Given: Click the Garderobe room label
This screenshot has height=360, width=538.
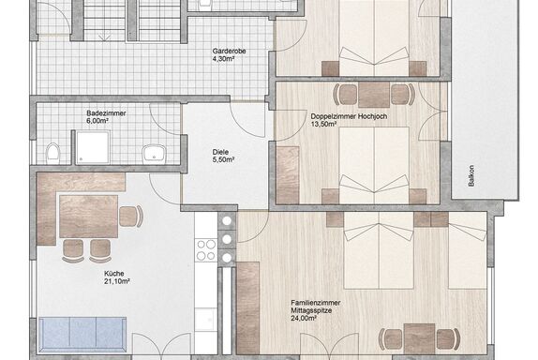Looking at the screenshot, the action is (x=229, y=52).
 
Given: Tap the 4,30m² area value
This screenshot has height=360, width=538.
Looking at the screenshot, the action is (x=223, y=59).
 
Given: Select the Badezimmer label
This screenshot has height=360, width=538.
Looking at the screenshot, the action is (x=106, y=113).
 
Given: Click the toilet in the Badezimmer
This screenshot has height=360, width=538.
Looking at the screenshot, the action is (x=52, y=153).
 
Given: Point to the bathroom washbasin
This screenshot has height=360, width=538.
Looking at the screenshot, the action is (x=155, y=155).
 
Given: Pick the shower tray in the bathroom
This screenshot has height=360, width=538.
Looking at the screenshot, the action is (x=93, y=147).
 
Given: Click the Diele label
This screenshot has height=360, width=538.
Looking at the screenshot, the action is (x=220, y=152).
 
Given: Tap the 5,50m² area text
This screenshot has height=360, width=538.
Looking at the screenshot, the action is (x=223, y=159).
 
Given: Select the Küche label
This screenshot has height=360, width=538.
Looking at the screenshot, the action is (x=114, y=274).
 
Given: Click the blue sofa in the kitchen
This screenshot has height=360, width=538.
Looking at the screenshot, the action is (x=82, y=335).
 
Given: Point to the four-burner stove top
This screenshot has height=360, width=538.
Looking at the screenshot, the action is (x=206, y=249).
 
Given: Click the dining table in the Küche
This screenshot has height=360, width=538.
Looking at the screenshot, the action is (x=88, y=217).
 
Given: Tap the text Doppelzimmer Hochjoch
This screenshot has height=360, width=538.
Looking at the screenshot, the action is (x=349, y=116).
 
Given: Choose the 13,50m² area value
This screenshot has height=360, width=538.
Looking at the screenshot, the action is (x=323, y=125).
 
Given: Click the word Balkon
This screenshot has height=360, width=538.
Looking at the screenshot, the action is (x=471, y=176).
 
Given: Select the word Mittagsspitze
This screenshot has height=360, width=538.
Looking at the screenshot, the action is (x=311, y=310).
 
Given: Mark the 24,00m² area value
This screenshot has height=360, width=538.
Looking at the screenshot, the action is (x=304, y=319).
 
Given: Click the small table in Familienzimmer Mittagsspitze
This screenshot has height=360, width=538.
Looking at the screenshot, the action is (x=419, y=339).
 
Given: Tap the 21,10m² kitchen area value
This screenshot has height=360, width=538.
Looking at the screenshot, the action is (x=116, y=282).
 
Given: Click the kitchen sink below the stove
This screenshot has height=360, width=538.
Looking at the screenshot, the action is (x=206, y=320).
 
